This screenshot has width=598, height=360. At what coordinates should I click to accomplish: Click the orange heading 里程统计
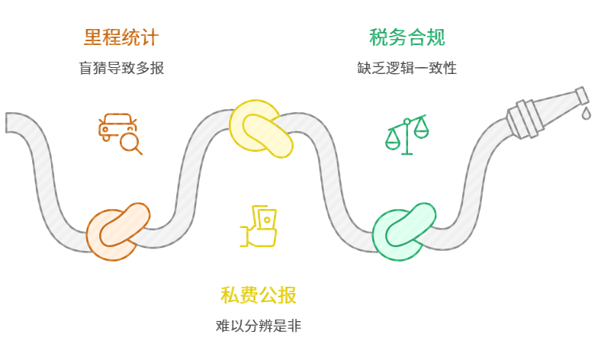tap(121, 37)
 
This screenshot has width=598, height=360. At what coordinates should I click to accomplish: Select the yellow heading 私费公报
tap(259, 295)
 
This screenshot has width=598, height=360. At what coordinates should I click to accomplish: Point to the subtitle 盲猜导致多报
tap(121, 68)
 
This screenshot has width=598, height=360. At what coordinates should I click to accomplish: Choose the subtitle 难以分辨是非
tap(259, 326)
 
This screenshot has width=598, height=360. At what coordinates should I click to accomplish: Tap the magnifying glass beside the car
tap(132, 143)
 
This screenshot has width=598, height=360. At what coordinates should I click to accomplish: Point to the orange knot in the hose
tap(117, 230)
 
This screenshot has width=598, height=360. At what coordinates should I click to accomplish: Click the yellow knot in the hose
tap(261, 127)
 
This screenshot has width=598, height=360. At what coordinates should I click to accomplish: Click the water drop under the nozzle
tap(586, 113)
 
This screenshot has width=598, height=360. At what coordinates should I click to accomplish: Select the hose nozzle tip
tap(582, 95)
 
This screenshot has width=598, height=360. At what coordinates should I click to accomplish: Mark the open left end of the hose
tap(11, 122)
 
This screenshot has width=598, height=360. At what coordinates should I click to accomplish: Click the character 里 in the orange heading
tap(93, 37)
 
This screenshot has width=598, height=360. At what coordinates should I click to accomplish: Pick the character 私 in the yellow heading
tap(230, 295)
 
